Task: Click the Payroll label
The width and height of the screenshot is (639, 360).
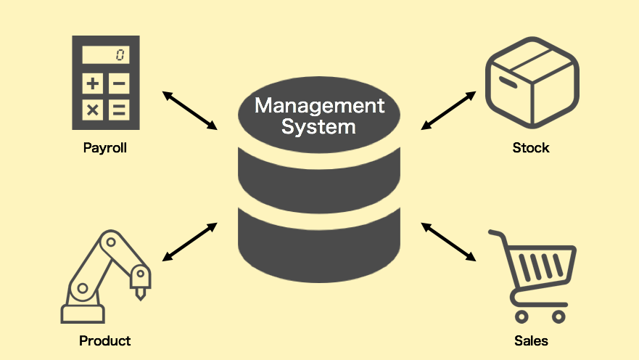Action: click(105, 148)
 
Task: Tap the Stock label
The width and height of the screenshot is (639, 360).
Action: click(531, 148)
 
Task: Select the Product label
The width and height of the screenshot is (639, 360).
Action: click(105, 340)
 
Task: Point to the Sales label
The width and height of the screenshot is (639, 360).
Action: click(531, 340)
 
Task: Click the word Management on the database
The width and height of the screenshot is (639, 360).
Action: click(319, 106)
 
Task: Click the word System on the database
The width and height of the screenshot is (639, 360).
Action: click(319, 127)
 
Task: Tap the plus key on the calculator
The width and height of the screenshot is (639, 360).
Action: click(93, 83)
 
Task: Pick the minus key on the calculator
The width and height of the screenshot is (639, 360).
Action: click(120, 83)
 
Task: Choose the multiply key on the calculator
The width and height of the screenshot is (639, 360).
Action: click(93, 110)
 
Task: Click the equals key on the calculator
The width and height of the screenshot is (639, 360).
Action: click(120, 110)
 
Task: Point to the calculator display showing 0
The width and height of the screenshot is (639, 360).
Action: click(105, 55)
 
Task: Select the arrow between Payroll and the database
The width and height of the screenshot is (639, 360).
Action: click(189, 110)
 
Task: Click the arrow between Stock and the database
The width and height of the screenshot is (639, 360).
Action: click(449, 110)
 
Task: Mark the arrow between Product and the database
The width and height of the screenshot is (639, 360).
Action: click(189, 241)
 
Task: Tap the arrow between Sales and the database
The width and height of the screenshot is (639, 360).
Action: click(449, 241)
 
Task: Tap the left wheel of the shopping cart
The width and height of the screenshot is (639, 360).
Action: click(519, 316)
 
